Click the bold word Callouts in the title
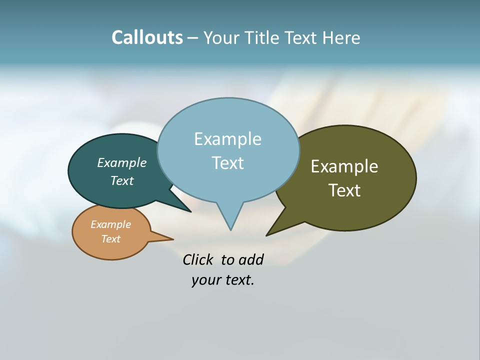[x=147, y=37]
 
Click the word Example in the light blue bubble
[x=227, y=139]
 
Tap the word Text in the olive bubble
[x=344, y=190]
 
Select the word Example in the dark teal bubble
[x=121, y=163]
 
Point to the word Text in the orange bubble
[x=110, y=239]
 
